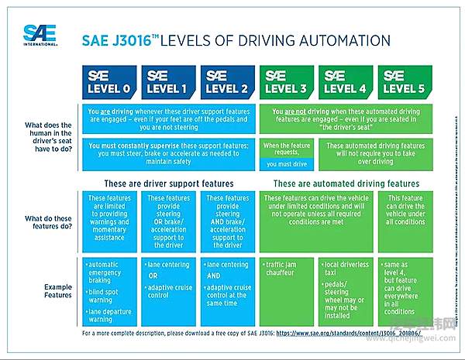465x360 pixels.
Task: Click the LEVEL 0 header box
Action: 108,81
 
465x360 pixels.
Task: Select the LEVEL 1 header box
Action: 167,81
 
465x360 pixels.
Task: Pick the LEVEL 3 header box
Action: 288,81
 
